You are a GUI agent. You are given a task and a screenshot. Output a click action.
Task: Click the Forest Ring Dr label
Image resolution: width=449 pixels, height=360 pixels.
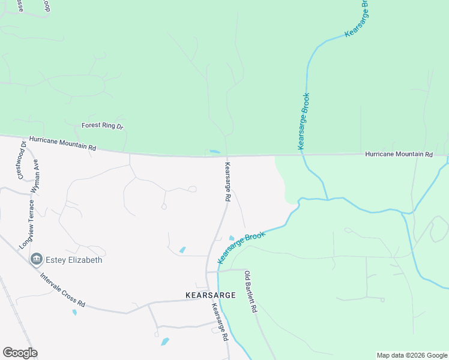click(x=102, y=126)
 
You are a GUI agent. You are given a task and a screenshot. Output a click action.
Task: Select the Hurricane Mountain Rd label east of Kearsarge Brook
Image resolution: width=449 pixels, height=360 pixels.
click(x=399, y=154)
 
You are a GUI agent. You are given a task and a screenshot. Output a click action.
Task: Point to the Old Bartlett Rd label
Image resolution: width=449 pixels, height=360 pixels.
click(x=250, y=292)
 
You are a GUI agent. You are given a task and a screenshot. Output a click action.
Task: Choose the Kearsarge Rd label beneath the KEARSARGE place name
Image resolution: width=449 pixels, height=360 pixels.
click(x=220, y=322)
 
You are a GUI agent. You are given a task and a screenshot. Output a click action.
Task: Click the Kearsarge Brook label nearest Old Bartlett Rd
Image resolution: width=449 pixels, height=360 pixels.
click(x=241, y=247)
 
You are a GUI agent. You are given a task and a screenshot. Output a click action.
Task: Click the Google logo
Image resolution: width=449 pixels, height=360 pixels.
click(x=20, y=353)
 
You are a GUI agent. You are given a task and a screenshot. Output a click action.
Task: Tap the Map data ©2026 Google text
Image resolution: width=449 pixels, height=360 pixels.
click(x=411, y=355)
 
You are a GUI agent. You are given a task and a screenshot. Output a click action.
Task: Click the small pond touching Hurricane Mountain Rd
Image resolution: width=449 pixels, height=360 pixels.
click(x=215, y=151)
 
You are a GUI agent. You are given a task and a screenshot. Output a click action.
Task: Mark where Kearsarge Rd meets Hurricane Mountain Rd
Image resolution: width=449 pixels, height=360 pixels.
click(x=226, y=156)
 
